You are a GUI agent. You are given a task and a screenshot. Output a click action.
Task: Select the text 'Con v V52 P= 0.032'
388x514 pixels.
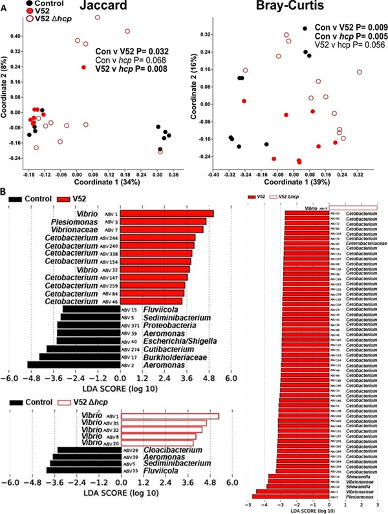(x=133, y=50)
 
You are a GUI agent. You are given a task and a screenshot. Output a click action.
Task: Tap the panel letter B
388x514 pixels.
(x=5, y=192)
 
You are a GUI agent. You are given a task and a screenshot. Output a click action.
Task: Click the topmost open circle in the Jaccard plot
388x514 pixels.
(x=97, y=17)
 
